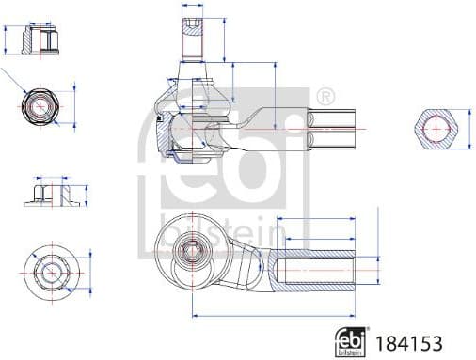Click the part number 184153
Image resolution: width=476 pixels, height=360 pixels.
(x=408, y=343)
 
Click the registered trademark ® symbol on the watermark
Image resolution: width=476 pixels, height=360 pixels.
(x=325, y=96)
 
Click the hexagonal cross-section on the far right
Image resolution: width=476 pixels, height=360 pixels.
(x=438, y=128)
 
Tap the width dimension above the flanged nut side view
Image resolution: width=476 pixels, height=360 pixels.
(x=49, y=176)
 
